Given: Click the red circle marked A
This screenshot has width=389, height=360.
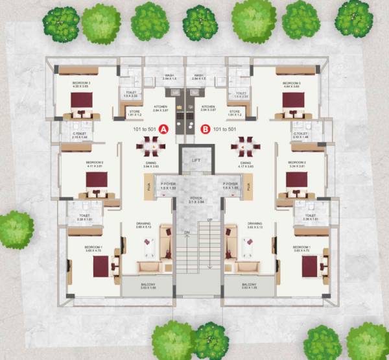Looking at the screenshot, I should [164, 129].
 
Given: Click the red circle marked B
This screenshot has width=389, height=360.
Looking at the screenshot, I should [206, 129].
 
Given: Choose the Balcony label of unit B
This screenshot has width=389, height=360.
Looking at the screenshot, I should [249, 284].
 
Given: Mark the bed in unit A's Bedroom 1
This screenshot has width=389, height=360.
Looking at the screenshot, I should [102, 266].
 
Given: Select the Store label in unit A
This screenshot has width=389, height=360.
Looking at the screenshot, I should [136, 112].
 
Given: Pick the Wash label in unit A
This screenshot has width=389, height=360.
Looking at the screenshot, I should [169, 76].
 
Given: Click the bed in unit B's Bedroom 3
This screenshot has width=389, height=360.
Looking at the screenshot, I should [293, 101].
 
